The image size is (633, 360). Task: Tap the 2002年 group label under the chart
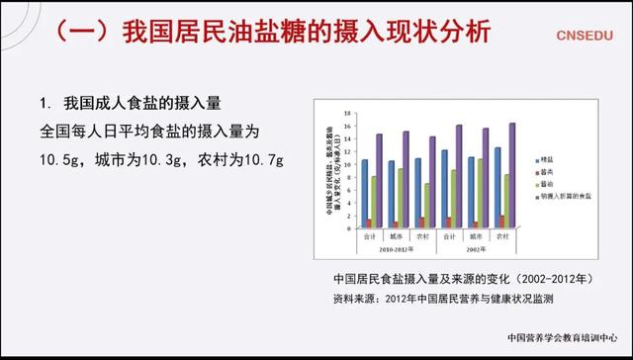(x=475, y=249)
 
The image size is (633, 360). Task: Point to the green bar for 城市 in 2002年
(x=480, y=193)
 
